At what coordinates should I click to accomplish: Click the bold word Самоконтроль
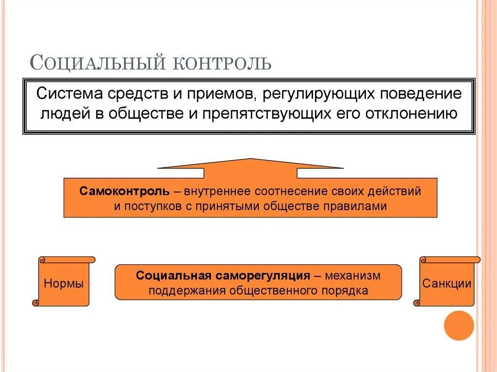pyautogui.click(x=125, y=191)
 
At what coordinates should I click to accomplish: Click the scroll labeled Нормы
pyautogui.click(x=64, y=283)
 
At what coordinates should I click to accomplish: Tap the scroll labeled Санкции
pyautogui.click(x=447, y=283)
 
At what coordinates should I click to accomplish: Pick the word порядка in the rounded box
pyautogui.click(x=344, y=291)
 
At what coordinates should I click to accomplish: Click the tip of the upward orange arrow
pyautogui.click(x=250, y=160)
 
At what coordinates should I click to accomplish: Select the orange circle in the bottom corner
pyautogui.click(x=459, y=325)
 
